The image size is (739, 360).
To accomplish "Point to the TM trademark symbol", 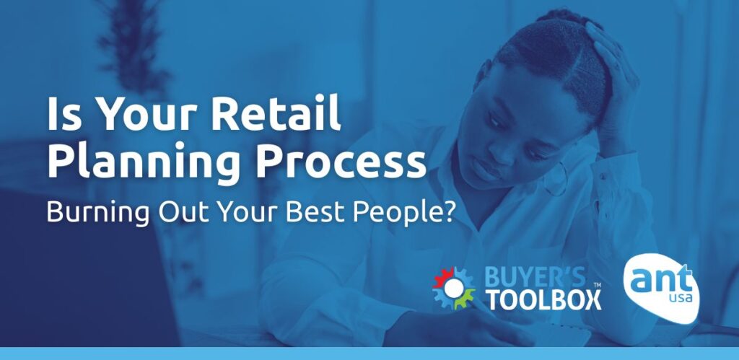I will point(597,286).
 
